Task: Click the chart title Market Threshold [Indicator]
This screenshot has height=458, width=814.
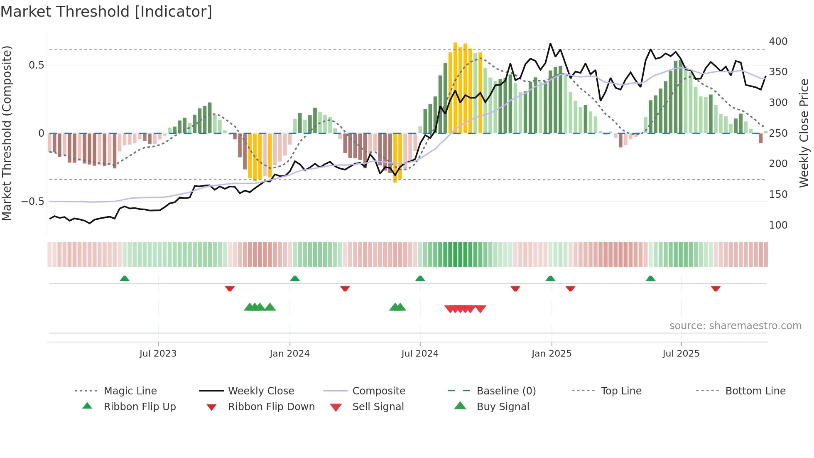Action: point(106,12)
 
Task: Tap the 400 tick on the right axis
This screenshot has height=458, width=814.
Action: point(778,42)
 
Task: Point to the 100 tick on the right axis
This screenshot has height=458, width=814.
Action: point(778,225)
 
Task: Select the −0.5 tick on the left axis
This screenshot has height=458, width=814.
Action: point(32,202)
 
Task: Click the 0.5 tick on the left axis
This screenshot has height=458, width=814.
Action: point(36,65)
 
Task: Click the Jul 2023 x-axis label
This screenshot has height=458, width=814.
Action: point(158,354)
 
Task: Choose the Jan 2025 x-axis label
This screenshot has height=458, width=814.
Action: point(551,354)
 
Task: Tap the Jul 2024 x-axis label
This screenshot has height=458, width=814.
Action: point(419,354)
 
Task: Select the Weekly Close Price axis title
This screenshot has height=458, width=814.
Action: point(804,133)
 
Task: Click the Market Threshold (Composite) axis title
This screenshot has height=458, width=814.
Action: point(7,133)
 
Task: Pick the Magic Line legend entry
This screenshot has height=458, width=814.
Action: point(130,391)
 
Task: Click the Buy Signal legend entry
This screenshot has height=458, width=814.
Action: point(503,407)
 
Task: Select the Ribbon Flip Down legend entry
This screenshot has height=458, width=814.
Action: point(271,407)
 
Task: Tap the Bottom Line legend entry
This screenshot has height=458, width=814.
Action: point(755,391)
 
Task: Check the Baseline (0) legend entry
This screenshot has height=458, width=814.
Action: point(506,391)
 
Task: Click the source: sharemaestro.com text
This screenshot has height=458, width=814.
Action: point(735,326)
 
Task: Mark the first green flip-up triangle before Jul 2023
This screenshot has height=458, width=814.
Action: point(125,278)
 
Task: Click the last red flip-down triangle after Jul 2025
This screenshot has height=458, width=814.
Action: point(715,288)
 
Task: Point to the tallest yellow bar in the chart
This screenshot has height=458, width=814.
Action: point(455,87)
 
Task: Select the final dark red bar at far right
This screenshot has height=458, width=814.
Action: point(760,138)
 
